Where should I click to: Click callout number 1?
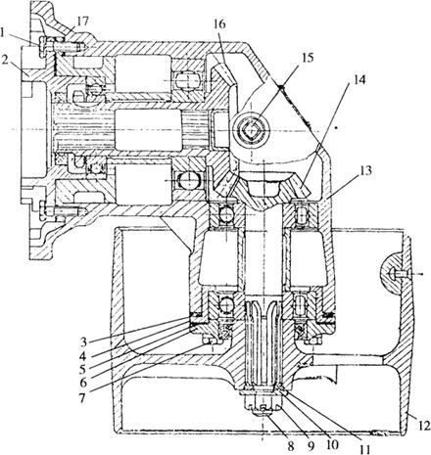pyautogui.click(x=3, y=32)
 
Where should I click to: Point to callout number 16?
pyautogui.click(x=219, y=24)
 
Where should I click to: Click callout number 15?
pyautogui.click(x=307, y=58)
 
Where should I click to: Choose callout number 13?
pyautogui.click(x=365, y=171)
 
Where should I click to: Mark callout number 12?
pyautogui.click(x=423, y=426)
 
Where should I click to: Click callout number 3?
pyautogui.click(x=84, y=341)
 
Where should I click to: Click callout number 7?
pyautogui.click(x=82, y=397)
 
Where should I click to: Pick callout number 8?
pyautogui.click(x=291, y=446)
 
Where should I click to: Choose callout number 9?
pyautogui.click(x=311, y=446)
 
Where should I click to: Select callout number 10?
pyautogui.click(x=332, y=446)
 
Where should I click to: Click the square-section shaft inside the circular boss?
pyautogui.click(x=251, y=131)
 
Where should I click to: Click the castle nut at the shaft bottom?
pyautogui.click(x=263, y=404)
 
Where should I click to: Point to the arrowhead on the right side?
pyautogui.click(x=421, y=275)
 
